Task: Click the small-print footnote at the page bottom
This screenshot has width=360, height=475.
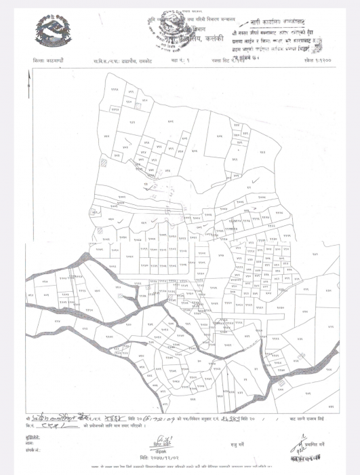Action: point(180,469)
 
